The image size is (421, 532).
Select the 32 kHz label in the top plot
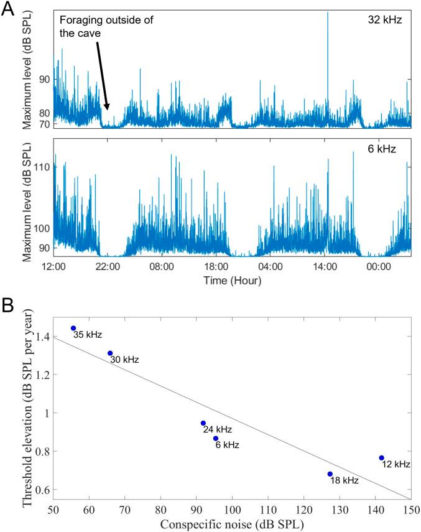386,20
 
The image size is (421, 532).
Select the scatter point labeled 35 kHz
73,328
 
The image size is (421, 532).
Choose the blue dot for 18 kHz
330,474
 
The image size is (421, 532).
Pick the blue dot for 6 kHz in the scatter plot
216,439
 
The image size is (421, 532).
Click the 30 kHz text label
124,360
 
